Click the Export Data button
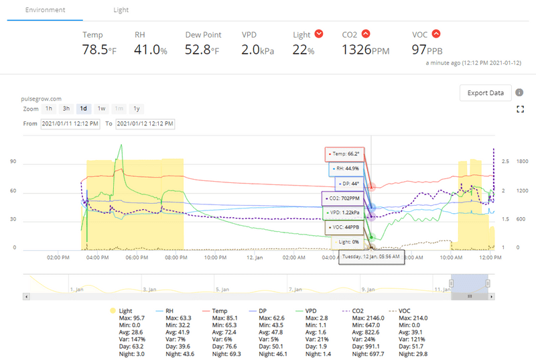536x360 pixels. click(x=486, y=93)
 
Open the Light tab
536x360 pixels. click(x=121, y=10)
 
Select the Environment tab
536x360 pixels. click(x=46, y=10)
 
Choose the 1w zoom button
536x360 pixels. click(x=101, y=109)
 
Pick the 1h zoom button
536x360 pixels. click(x=49, y=109)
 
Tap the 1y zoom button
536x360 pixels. click(x=136, y=109)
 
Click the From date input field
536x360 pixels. click(x=70, y=124)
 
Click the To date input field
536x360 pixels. click(x=145, y=124)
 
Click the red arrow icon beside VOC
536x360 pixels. click(x=436, y=34)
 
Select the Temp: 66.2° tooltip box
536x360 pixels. click(x=345, y=154)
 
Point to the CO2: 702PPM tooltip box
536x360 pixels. click(x=342, y=198)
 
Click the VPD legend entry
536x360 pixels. click(x=312, y=312)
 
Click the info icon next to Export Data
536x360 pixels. click(x=519, y=93)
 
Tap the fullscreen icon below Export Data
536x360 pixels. click(x=519, y=109)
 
